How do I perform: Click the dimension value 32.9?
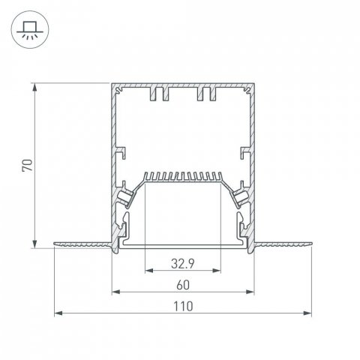(182, 263)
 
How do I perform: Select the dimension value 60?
(182, 284)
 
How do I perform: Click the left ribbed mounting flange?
(82, 243)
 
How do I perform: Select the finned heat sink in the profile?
(182, 177)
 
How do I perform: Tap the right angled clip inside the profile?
(240, 196)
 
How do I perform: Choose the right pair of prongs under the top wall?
(207, 95)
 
